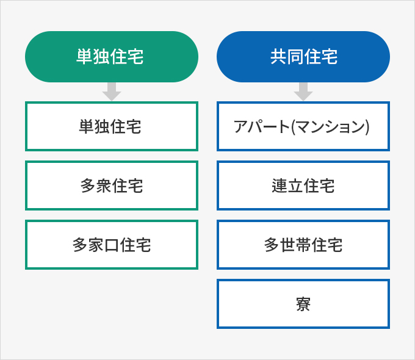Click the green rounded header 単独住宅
pyautogui.click(x=112, y=57)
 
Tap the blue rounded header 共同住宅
pyautogui.click(x=303, y=57)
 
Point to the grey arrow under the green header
pyautogui.click(x=112, y=92)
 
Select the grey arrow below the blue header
pyautogui.click(x=303, y=92)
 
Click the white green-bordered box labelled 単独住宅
pyautogui.click(x=112, y=126)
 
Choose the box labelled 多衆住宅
pyautogui.click(x=112, y=185)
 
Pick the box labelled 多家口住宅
pyautogui.click(x=112, y=245)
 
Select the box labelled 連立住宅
pyautogui.click(x=303, y=185)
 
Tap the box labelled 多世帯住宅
pyautogui.click(x=303, y=245)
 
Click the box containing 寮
pyautogui.click(x=303, y=304)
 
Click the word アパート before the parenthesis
pyautogui.click(x=261, y=126)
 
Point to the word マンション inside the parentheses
pyautogui.click(x=330, y=126)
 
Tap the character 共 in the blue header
pyautogui.click(x=278, y=57)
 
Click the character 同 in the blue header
pyautogui.click(x=295, y=57)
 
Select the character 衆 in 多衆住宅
pyautogui.click(x=104, y=185)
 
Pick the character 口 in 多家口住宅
pyautogui.click(x=112, y=245)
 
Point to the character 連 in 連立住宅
pyautogui.click(x=280, y=185)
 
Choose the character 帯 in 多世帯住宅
pyautogui.click(x=303, y=245)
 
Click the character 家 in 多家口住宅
pyautogui.click(x=96, y=245)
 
